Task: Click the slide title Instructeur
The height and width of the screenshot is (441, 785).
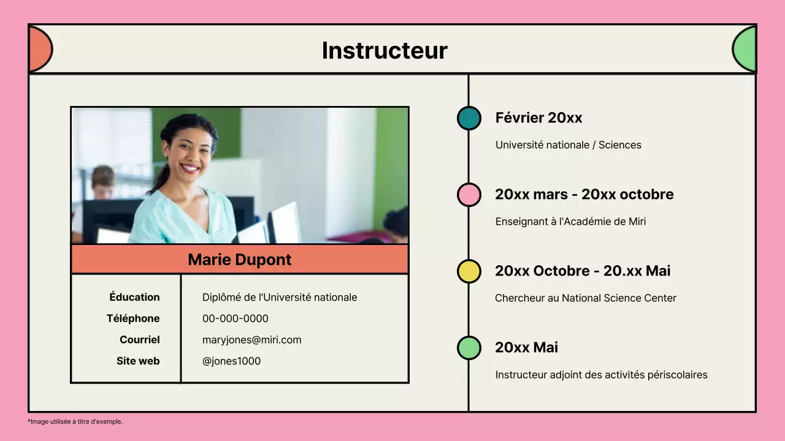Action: tap(385, 50)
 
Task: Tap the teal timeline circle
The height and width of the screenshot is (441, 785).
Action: tap(469, 118)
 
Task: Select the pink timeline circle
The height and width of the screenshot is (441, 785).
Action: tap(469, 195)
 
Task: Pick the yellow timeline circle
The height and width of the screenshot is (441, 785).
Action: tap(469, 271)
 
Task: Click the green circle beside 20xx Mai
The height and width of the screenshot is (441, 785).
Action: tap(469, 348)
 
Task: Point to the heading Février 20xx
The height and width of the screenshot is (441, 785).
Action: tap(538, 118)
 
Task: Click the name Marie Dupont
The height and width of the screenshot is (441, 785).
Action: tap(240, 260)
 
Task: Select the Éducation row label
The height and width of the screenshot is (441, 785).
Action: tap(134, 297)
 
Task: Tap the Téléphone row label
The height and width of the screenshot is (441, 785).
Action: tap(133, 318)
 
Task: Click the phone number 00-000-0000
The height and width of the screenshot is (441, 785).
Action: tap(235, 318)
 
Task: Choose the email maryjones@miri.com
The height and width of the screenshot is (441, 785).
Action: tap(252, 340)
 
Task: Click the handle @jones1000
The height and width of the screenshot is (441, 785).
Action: tap(232, 361)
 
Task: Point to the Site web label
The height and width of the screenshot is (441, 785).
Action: tap(138, 361)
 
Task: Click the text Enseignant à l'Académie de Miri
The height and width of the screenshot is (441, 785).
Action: tap(570, 222)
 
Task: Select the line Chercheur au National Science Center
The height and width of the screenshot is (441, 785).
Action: tap(586, 298)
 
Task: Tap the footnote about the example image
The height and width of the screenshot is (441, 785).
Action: tap(75, 421)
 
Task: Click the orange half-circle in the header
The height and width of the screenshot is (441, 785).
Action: tap(39, 49)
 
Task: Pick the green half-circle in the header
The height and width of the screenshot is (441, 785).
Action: tap(745, 49)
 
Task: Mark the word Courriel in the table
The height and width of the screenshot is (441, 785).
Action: tap(140, 340)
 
